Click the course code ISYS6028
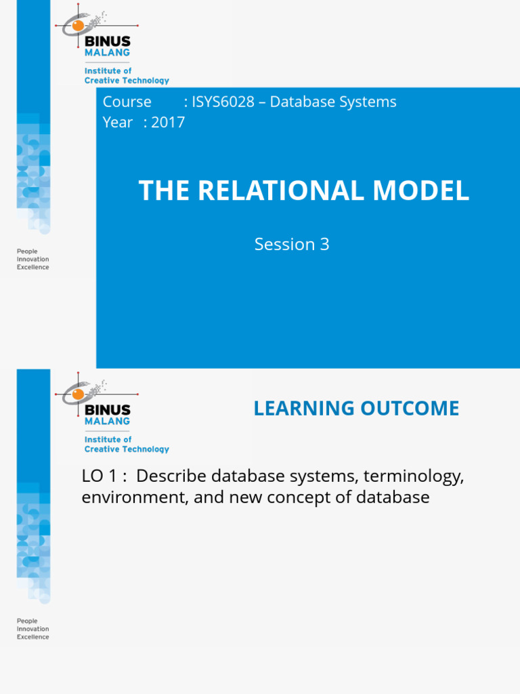pyautogui.click(x=224, y=102)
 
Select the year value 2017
pyautogui.click(x=169, y=123)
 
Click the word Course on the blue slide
pyautogui.click(x=127, y=102)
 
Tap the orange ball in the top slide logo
pyautogui.click(x=78, y=26)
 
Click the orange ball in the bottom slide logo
pyautogui.click(x=78, y=394)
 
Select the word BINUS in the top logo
pyautogui.click(x=108, y=42)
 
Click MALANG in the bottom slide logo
pyautogui.click(x=107, y=420)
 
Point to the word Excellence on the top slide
pyautogui.click(x=32, y=268)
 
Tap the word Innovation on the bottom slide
pyautogui.click(x=32, y=629)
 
